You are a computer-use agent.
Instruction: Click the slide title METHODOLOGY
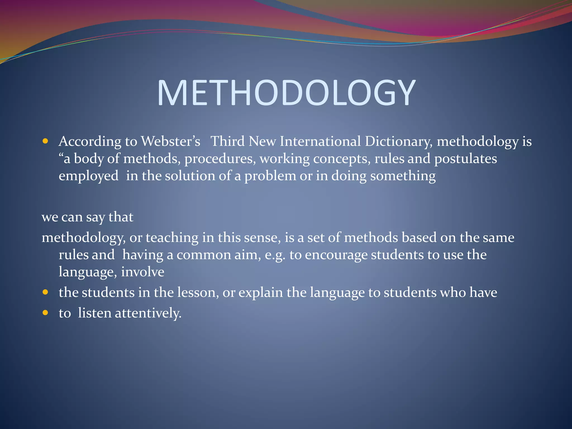286,93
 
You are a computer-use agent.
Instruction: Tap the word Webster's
170,141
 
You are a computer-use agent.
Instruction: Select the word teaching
172,238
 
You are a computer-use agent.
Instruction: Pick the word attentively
148,313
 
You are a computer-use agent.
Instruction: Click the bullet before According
46,141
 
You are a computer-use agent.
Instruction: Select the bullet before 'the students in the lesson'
46,292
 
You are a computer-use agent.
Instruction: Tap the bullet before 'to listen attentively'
46,313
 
